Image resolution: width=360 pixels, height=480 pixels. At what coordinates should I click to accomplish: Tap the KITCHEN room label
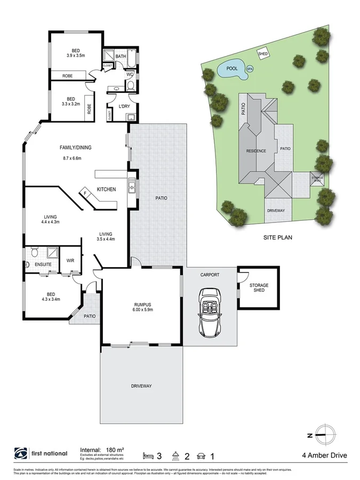click(107, 189)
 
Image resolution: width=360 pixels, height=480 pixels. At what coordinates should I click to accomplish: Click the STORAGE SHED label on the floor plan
click(259, 288)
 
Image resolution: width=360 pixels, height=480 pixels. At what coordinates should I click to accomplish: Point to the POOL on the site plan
click(231, 69)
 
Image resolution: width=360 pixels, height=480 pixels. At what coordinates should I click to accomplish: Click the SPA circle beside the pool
click(249, 68)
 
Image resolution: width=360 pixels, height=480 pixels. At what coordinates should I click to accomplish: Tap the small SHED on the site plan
click(263, 53)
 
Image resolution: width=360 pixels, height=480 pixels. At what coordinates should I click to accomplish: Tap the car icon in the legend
click(202, 456)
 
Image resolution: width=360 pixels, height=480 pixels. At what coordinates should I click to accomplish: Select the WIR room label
click(70, 260)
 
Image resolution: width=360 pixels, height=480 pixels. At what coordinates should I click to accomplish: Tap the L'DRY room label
click(124, 107)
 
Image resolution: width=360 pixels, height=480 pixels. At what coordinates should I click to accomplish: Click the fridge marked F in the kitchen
click(85, 193)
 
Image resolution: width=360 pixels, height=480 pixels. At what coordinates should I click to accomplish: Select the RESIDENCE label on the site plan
click(256, 151)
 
